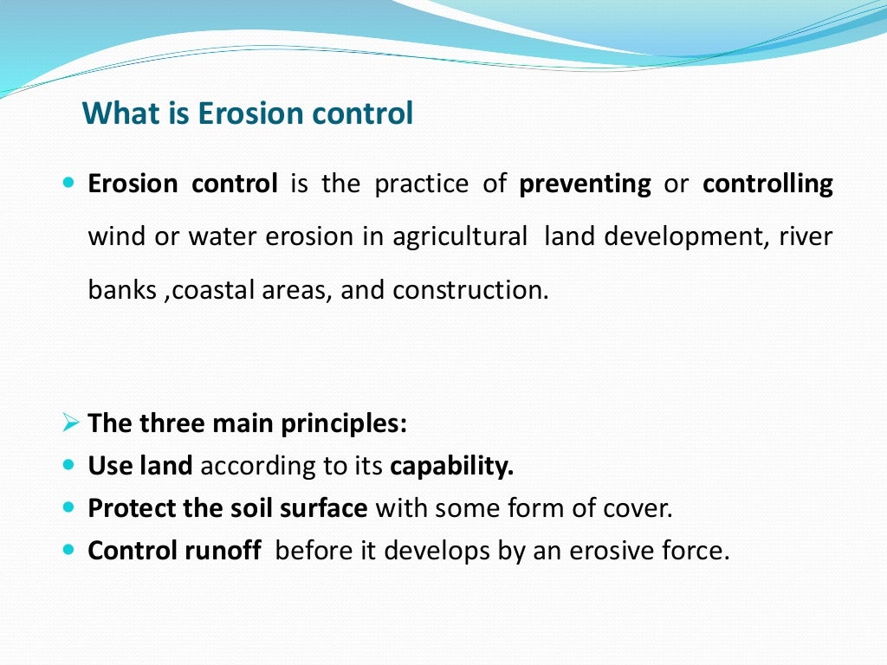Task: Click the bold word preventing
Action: pos(585,184)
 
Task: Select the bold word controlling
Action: pos(767,184)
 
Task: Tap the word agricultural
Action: pos(459,237)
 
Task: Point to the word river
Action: pos(806,237)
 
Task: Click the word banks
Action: pos(122,290)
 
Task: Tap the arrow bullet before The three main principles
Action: pos(71,424)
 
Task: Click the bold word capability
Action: pos(451,467)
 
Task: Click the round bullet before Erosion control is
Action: pos(70,184)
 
